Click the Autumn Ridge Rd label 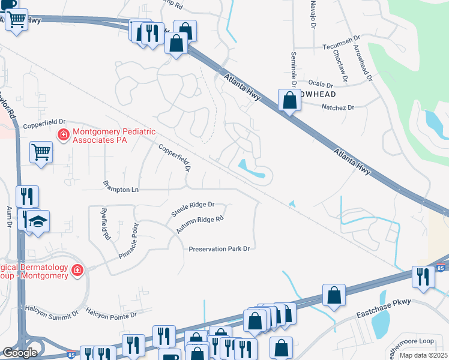200,225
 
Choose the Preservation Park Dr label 218,249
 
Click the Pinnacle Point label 128,241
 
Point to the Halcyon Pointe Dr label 112,312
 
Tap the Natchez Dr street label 339,107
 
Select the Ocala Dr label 320,84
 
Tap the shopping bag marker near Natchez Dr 289,101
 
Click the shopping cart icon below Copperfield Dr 41,152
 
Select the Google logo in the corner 20,353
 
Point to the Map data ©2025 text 424,355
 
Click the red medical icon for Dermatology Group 77,271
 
